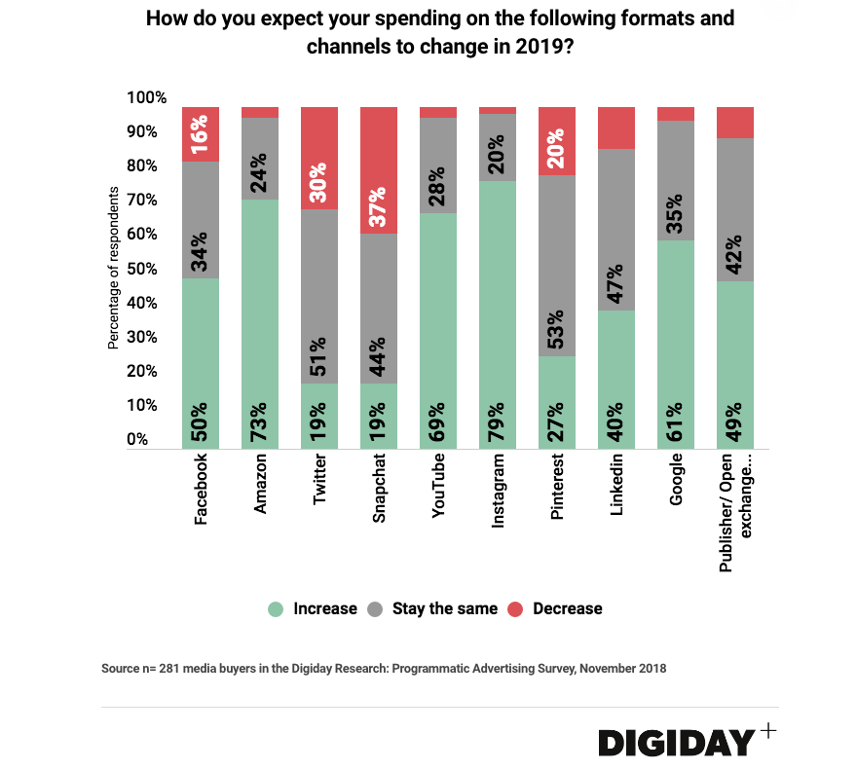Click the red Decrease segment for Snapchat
coord(379,170)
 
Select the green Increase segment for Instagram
coord(498,314)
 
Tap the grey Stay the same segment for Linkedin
coord(616,230)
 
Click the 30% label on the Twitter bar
coord(319,180)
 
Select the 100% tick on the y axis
coord(146,97)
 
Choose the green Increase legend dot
coord(276,608)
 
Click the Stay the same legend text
coord(444,608)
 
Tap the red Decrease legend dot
coord(515,608)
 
